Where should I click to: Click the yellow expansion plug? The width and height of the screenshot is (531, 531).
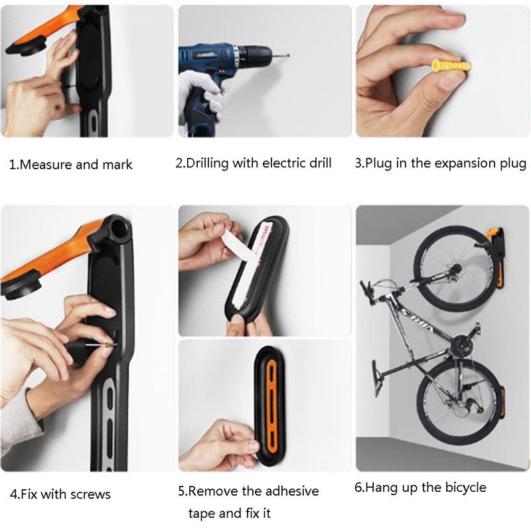(x=451, y=66)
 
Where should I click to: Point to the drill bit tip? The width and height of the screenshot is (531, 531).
(x=288, y=55)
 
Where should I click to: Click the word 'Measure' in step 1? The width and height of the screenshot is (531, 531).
(x=46, y=165)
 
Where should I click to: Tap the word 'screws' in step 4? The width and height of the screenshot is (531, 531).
(x=90, y=494)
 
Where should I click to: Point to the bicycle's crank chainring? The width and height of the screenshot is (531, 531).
(x=461, y=346)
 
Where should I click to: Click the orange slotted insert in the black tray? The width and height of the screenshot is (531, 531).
(x=271, y=406)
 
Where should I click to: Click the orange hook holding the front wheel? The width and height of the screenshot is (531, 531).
(x=488, y=237)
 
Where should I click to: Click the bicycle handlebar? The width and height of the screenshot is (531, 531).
(x=367, y=291)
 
